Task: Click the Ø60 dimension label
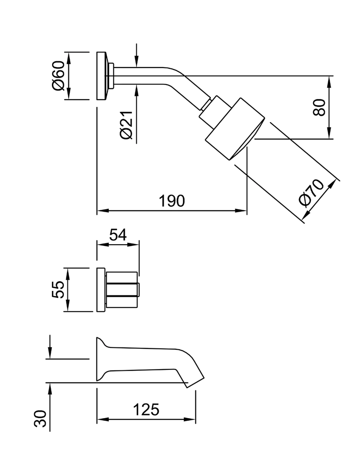point(58,76)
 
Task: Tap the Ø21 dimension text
point(126,125)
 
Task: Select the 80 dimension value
point(320,107)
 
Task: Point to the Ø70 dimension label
point(311,193)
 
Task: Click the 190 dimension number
point(172,201)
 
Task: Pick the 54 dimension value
point(117,235)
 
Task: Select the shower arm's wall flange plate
point(101,76)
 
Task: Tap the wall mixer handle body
point(121,291)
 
